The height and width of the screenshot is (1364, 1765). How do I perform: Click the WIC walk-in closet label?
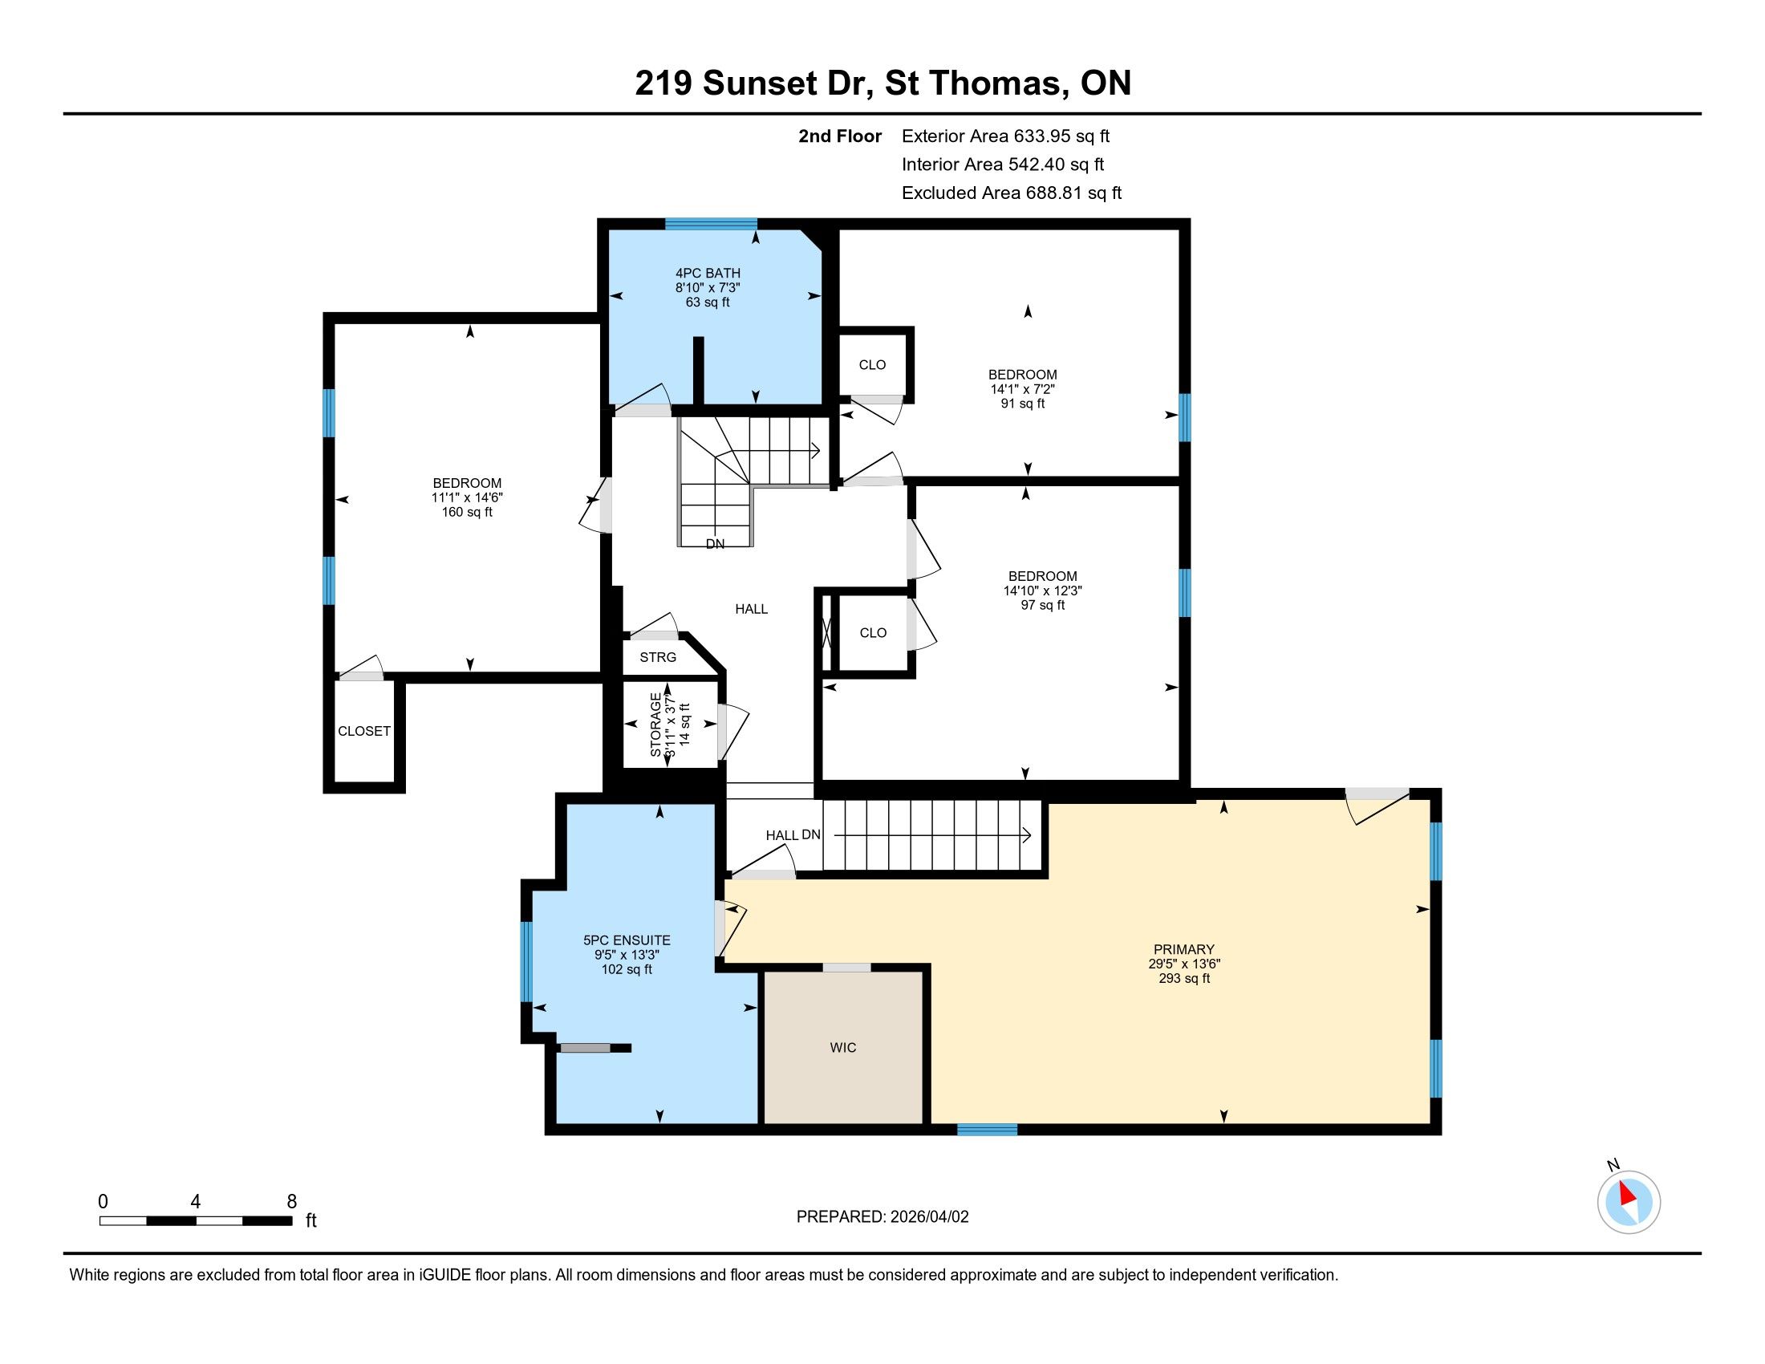coord(843,1047)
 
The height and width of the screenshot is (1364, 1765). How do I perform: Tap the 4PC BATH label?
coord(708,273)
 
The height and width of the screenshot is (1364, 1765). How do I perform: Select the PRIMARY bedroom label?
coord(1184,949)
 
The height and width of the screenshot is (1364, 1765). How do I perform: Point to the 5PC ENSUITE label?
coord(627,940)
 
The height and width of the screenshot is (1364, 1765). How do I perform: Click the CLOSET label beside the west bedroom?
coord(364,730)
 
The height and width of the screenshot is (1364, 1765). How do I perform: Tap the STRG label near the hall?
coord(658,657)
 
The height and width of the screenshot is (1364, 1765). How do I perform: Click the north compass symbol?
coord(1629,1202)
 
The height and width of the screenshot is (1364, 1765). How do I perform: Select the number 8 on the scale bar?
coord(292,1201)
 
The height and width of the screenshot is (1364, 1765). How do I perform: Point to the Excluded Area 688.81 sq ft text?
coord(1012,193)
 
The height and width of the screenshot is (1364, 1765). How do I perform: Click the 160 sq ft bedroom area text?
coord(467,512)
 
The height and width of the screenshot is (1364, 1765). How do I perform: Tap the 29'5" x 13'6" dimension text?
coord(1184,963)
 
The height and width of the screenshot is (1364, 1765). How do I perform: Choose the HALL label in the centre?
coord(752,608)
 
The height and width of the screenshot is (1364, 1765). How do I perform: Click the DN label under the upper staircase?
coord(715,544)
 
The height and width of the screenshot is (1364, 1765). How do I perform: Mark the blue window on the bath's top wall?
coord(711,224)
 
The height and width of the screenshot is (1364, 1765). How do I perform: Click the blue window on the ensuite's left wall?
coord(526,961)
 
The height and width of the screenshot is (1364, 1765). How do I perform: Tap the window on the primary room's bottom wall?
coord(988,1129)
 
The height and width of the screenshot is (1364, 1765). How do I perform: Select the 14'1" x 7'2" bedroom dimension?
coord(1022,388)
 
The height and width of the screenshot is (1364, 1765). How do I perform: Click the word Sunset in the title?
coord(760,83)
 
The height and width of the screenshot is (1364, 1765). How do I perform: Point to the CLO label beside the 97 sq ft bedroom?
coord(873,633)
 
